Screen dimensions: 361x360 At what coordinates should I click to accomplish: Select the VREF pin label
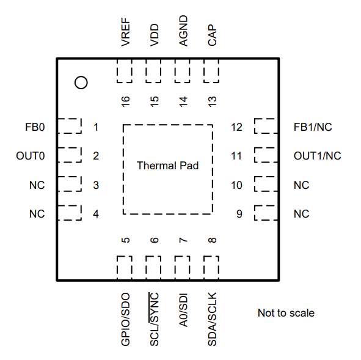point(126,32)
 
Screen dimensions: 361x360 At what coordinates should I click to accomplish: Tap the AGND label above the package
point(183,31)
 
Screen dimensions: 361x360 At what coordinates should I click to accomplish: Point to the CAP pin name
point(212,35)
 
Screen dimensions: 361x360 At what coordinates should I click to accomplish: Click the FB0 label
point(35,127)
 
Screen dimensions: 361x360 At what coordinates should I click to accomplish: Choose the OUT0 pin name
point(31,156)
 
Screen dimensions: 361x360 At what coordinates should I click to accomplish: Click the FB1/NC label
point(313,127)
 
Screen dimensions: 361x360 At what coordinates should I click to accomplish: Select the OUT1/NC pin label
point(318,156)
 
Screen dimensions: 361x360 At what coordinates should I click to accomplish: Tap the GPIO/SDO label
point(126,319)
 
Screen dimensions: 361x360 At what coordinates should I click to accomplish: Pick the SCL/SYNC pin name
point(155,319)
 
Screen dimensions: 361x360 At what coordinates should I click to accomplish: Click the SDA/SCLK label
point(212,319)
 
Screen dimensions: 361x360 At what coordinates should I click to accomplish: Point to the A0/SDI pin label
point(183,310)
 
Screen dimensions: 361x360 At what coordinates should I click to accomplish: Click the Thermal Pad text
point(167,166)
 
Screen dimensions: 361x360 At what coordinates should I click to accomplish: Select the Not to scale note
point(286,313)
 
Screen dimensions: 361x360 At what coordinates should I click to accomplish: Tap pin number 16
point(126,101)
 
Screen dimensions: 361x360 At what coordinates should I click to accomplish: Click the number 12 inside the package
point(236,127)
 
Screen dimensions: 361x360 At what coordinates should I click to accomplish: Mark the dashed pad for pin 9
point(266,213)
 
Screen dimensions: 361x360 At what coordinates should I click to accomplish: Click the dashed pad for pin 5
point(125,268)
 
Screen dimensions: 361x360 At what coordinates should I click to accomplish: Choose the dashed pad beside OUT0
point(70,155)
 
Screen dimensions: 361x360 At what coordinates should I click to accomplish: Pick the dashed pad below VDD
point(153,71)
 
